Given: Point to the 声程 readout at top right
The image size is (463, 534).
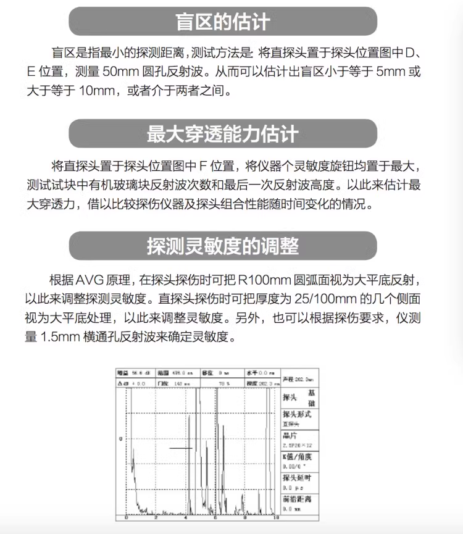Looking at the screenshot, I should point(299,378).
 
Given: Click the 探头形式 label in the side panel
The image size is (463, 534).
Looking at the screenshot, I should point(297,414).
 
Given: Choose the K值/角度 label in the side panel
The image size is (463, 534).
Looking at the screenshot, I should point(297,456).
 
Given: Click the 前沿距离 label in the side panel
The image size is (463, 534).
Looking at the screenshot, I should point(297,499).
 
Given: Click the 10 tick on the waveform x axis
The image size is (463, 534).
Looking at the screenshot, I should point(275,517).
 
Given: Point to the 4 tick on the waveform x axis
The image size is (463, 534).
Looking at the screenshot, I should point(186,517).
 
